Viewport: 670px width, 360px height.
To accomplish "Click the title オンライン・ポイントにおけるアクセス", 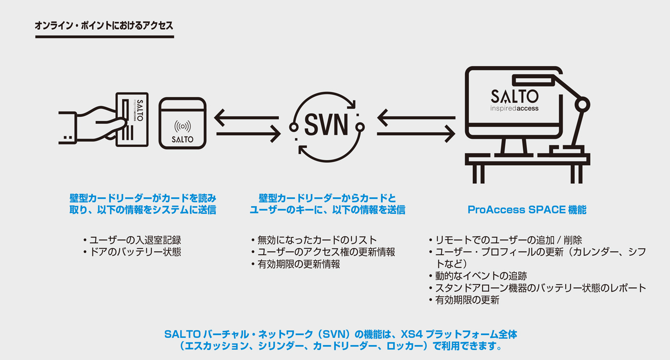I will pos(104,26).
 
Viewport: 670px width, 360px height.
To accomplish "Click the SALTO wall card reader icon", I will pos(182,124).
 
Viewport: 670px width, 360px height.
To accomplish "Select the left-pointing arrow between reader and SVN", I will pos(246,117).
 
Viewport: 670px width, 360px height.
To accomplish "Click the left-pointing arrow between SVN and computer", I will pos(415,117).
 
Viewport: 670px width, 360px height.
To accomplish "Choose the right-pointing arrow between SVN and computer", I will pos(415,135).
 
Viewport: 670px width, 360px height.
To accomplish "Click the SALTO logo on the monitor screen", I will pos(514,96).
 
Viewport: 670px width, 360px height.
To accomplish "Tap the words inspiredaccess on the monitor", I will pos(514,109).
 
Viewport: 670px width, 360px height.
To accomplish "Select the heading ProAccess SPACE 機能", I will pos(527,210).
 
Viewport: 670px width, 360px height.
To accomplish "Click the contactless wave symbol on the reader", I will pos(182,126).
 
